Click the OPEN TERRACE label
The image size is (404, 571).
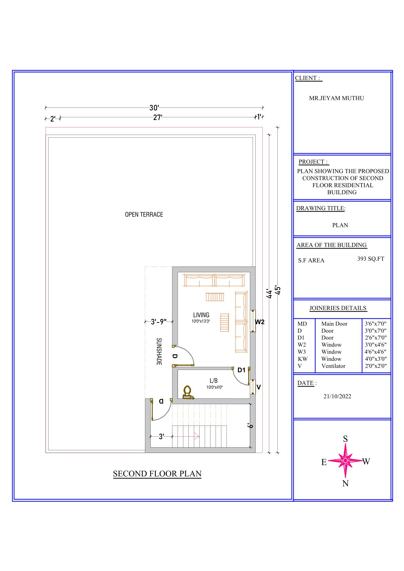click(x=144, y=214)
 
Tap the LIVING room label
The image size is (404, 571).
click(x=201, y=315)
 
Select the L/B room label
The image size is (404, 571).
click(x=214, y=380)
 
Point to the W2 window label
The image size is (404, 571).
click(x=260, y=322)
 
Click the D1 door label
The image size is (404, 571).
click(x=241, y=370)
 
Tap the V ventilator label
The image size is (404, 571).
click(x=259, y=387)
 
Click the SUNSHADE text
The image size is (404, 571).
click(x=159, y=352)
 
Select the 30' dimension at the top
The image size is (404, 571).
click(x=154, y=108)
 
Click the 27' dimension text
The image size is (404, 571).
click(x=158, y=118)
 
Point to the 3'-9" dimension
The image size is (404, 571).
click(x=159, y=322)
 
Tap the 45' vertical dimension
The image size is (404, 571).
click(x=278, y=290)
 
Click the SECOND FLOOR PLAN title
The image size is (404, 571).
click(x=157, y=474)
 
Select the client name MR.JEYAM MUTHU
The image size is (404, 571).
click(x=336, y=98)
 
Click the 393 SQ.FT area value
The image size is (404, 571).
click(x=371, y=259)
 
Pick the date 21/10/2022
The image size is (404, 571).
click(x=337, y=396)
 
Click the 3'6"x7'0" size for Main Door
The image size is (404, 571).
click(x=375, y=324)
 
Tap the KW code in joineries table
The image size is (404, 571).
click(x=303, y=359)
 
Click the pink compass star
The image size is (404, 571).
click(x=345, y=460)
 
